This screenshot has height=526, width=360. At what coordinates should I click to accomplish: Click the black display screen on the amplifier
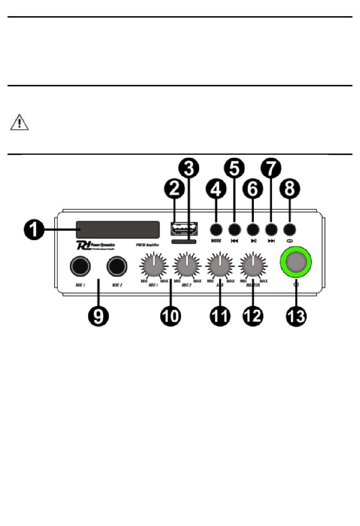[x=117, y=230]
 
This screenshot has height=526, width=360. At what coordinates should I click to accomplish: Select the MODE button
[x=216, y=229]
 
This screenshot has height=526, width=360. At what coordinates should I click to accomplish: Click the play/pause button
[x=253, y=229]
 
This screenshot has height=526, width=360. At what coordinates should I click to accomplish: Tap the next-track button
[x=271, y=229]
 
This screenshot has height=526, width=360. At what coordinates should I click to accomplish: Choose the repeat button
[x=290, y=229]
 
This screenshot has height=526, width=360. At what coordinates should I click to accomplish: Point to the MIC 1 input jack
[x=80, y=266]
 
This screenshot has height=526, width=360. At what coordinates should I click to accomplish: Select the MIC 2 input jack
[x=117, y=266]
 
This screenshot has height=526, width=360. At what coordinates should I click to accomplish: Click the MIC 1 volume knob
[x=153, y=265]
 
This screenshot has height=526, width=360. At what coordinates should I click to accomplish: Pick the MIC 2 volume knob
[x=186, y=265]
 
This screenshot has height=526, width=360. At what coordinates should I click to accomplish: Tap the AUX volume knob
[x=219, y=265]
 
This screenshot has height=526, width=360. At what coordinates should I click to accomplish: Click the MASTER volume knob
[x=253, y=265]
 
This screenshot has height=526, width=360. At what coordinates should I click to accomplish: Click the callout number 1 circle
[x=34, y=230]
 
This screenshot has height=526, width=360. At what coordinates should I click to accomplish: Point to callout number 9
[x=98, y=316]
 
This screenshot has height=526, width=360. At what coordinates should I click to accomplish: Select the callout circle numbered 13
[x=296, y=316]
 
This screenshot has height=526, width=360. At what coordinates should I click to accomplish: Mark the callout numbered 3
[x=189, y=168]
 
